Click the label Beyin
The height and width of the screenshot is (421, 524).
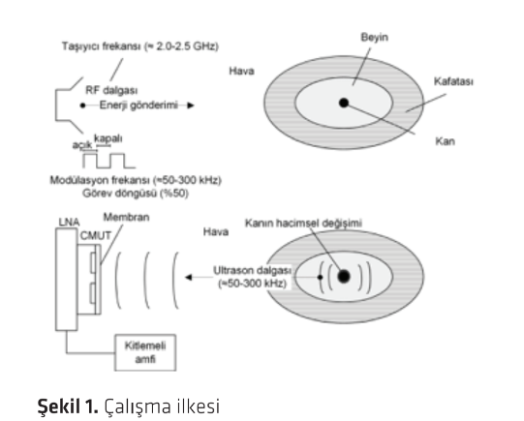[374, 37]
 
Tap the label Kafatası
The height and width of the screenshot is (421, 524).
[453, 81]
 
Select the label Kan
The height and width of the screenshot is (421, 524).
[445, 141]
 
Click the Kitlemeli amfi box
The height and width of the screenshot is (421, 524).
[145, 352]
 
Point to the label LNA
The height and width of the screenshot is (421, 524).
[69, 222]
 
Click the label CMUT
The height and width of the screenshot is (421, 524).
[95, 236]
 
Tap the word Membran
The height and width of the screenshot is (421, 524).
[126, 218]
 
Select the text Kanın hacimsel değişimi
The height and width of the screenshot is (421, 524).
[303, 223]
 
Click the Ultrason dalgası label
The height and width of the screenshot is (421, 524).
[252, 270]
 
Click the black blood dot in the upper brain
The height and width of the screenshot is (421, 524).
[344, 103]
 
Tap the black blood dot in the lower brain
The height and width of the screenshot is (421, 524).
[344, 277]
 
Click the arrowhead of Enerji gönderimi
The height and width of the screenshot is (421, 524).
[191, 105]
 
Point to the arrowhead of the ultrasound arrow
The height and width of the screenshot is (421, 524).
[189, 278]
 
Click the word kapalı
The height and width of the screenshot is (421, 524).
[108, 138]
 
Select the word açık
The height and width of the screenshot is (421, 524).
[82, 145]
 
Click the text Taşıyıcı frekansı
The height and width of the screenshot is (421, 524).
[101, 46]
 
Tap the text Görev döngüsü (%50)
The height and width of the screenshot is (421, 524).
[136, 194]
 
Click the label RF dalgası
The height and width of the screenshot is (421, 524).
[111, 90]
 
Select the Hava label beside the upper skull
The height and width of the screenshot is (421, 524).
[241, 71]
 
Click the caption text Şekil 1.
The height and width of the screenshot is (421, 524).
[68, 406]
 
